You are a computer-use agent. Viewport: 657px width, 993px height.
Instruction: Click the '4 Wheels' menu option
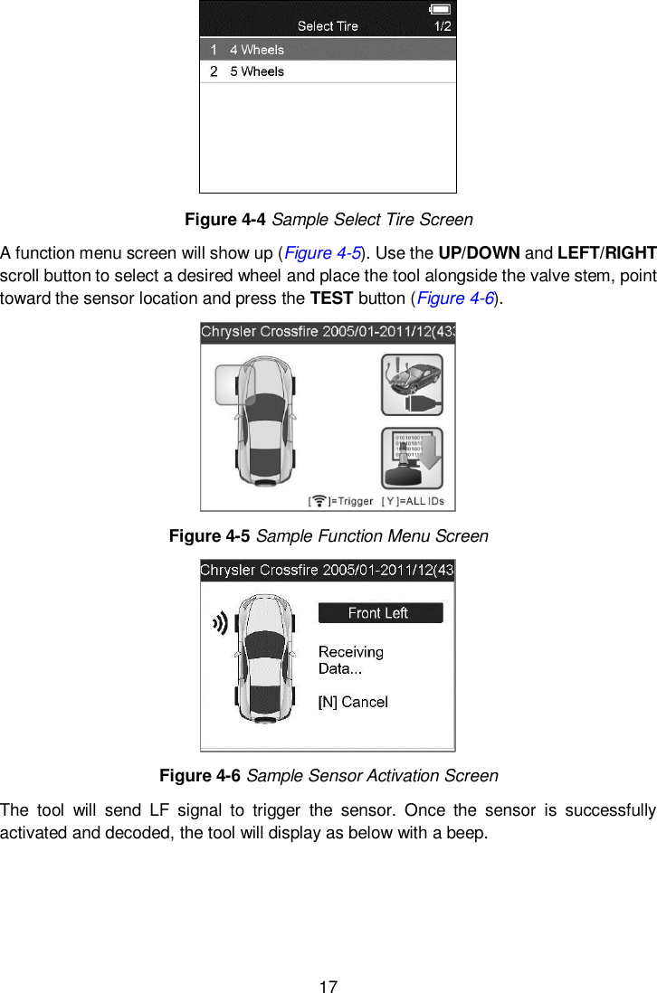coord(256,50)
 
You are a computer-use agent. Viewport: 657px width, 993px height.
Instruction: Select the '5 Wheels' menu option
coord(256,71)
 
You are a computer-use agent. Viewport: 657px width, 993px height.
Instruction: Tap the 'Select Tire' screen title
coord(328,26)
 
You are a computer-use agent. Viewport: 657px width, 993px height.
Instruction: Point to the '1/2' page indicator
coord(443,27)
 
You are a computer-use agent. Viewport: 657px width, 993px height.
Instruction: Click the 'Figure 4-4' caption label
coord(226,220)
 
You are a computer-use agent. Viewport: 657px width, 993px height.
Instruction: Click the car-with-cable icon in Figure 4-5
coord(412,384)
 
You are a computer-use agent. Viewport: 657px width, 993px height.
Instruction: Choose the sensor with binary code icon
coord(412,459)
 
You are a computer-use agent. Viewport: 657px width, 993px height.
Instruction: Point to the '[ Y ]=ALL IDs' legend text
coord(418,501)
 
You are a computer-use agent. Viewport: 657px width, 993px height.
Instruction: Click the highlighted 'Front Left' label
coord(379,613)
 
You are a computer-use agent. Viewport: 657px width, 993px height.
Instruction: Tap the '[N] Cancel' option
coord(353,702)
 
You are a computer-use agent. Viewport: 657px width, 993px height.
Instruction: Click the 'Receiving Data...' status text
coord(351,660)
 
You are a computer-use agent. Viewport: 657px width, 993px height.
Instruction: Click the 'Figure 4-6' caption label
coord(201,776)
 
